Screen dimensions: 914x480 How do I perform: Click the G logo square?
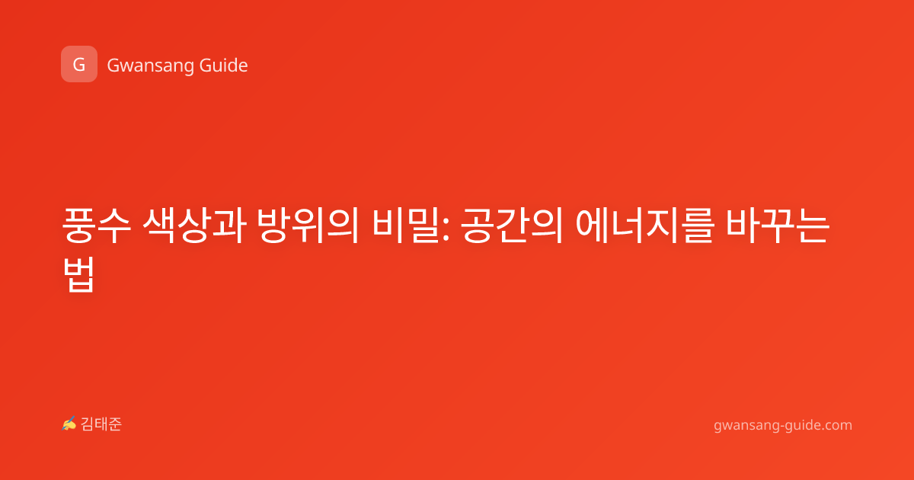point(79,64)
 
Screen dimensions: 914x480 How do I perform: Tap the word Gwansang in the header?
point(150,66)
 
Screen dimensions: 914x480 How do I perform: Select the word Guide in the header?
point(224,65)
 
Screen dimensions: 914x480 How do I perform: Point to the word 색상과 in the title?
point(194,226)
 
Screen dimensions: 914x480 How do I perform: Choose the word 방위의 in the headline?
point(308,226)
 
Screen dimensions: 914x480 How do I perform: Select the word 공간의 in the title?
point(512,226)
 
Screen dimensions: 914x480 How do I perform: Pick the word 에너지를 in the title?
point(644,226)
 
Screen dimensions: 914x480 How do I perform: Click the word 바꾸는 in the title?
point(778,226)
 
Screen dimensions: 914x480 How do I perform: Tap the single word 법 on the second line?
point(78,274)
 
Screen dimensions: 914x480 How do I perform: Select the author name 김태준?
point(101,424)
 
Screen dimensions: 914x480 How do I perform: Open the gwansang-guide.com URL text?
point(783,425)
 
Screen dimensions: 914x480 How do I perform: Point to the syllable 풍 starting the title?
point(78,226)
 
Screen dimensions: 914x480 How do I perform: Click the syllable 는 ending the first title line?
point(814,226)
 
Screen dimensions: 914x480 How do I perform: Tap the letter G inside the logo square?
point(79,65)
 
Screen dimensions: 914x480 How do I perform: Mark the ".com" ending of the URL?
point(836,425)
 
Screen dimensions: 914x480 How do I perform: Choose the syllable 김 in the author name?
point(88,424)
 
